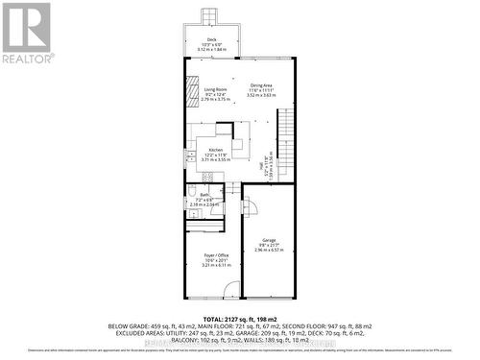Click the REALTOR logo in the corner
click(26, 33)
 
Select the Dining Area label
click(261, 84)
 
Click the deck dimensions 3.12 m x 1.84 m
click(212, 48)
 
